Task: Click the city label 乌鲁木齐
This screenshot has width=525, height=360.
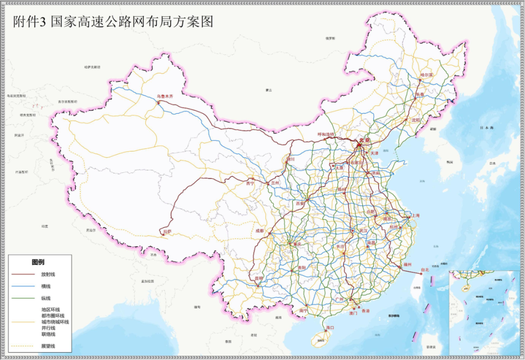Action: (165, 97)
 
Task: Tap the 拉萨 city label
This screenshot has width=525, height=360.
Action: (167, 232)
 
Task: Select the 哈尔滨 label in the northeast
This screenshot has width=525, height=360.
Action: (426, 75)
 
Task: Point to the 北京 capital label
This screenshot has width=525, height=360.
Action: (365, 140)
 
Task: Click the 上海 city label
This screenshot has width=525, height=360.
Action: (415, 215)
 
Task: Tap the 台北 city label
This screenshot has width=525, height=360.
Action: (425, 270)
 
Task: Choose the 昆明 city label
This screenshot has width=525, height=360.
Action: (258, 278)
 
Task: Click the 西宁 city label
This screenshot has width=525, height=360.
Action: (250, 184)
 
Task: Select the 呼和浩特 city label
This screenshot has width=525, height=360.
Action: (327, 134)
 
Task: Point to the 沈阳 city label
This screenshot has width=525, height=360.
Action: (415, 120)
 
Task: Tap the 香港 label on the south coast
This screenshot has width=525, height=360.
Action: (365, 310)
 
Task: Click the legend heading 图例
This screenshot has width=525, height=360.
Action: (39, 262)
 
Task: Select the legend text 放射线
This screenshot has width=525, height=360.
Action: (48, 274)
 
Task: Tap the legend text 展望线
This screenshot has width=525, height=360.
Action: (48, 345)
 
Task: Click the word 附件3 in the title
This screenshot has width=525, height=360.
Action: (29, 22)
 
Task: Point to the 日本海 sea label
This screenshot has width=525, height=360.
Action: (486, 127)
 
